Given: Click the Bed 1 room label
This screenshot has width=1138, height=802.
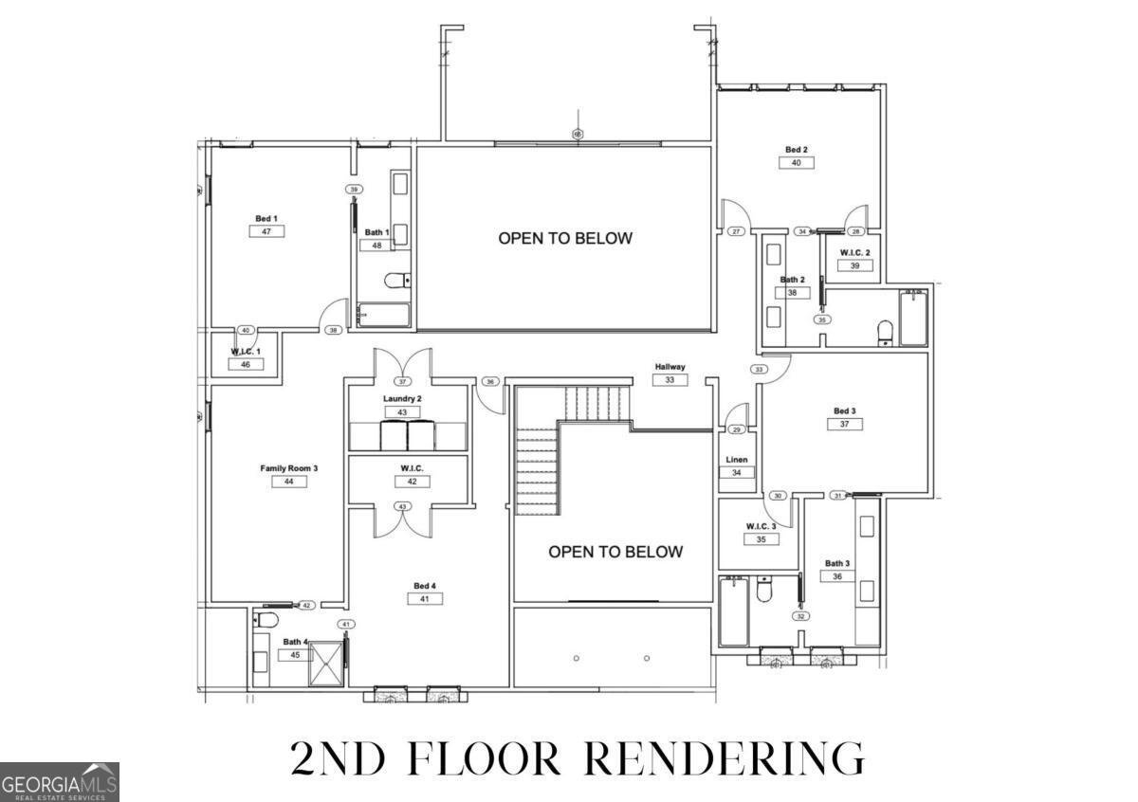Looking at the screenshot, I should pyautogui.click(x=266, y=219).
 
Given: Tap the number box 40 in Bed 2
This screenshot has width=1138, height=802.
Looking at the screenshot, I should pyautogui.click(x=797, y=162).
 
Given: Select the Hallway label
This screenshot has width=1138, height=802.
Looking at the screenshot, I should pyautogui.click(x=670, y=367).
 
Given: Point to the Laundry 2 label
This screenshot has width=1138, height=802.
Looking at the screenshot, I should pyautogui.click(x=402, y=399).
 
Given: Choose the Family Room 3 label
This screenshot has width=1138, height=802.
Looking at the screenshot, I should pyautogui.click(x=288, y=468).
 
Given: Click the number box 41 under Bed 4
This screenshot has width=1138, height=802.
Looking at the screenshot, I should pyautogui.click(x=424, y=598).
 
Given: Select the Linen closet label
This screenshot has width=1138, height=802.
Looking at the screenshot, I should pyautogui.click(x=737, y=460).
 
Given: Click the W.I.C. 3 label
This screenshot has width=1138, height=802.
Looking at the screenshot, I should pyautogui.click(x=761, y=526).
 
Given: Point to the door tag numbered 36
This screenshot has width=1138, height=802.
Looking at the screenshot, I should pyautogui.click(x=489, y=382).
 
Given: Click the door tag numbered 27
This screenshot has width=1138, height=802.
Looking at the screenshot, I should pyautogui.click(x=736, y=231).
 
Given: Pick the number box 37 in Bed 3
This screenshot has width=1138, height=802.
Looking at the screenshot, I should pyautogui.click(x=844, y=424).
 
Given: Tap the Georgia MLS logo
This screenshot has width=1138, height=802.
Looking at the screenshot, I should pyautogui.click(x=60, y=782).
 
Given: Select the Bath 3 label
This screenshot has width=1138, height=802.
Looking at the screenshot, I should pyautogui.click(x=836, y=563).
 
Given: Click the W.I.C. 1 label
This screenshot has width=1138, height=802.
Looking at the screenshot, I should pyautogui.click(x=245, y=352).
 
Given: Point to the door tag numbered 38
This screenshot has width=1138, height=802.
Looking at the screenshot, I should pyautogui.click(x=333, y=330).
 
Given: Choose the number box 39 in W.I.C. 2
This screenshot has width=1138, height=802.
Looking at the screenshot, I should pyautogui.click(x=854, y=265).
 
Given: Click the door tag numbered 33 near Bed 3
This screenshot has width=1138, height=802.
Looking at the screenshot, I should pyautogui.click(x=759, y=369).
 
